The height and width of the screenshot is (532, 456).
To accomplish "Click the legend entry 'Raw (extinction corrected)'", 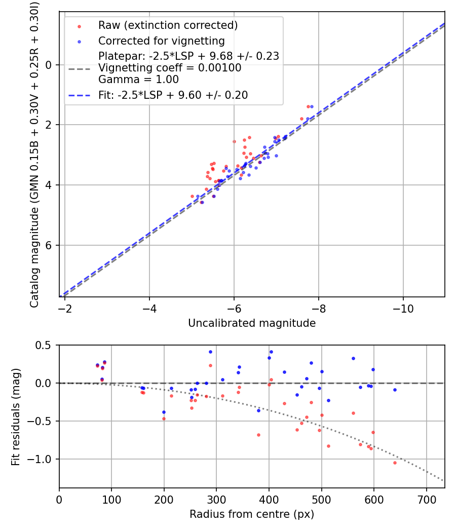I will (168, 25).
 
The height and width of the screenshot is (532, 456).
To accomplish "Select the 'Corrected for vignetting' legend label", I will (162, 41).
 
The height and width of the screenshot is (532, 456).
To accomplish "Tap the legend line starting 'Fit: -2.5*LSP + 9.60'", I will (173, 95).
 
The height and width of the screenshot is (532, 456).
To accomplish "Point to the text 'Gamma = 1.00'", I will (138, 79).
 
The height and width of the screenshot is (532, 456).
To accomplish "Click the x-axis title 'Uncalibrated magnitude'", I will (252, 323).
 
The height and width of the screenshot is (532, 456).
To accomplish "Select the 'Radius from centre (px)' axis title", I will (252, 514).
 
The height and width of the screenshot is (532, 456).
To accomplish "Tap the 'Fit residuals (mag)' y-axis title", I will (16, 416).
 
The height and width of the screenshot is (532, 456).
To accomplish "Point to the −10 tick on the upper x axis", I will (403, 308).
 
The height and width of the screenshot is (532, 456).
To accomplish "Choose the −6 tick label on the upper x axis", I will (234, 308).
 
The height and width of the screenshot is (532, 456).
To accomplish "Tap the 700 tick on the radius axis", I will (426, 499).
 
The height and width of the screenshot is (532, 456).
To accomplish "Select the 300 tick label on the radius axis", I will (216, 499).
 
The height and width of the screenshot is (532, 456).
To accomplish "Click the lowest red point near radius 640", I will (395, 463).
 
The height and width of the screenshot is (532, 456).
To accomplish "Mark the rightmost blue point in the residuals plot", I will (395, 390).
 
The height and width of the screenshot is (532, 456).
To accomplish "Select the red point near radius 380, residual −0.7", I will (258, 435).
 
